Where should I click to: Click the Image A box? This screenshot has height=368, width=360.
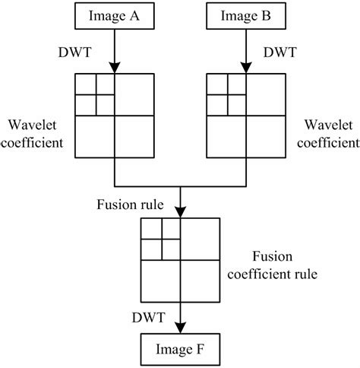[x=114, y=14]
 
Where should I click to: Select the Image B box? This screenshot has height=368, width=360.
[x=246, y=14]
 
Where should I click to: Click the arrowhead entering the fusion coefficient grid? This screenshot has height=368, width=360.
[x=180, y=212]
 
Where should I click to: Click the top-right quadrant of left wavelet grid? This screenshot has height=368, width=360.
[x=134, y=95]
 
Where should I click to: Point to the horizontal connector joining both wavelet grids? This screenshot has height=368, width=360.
[x=180, y=186]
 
